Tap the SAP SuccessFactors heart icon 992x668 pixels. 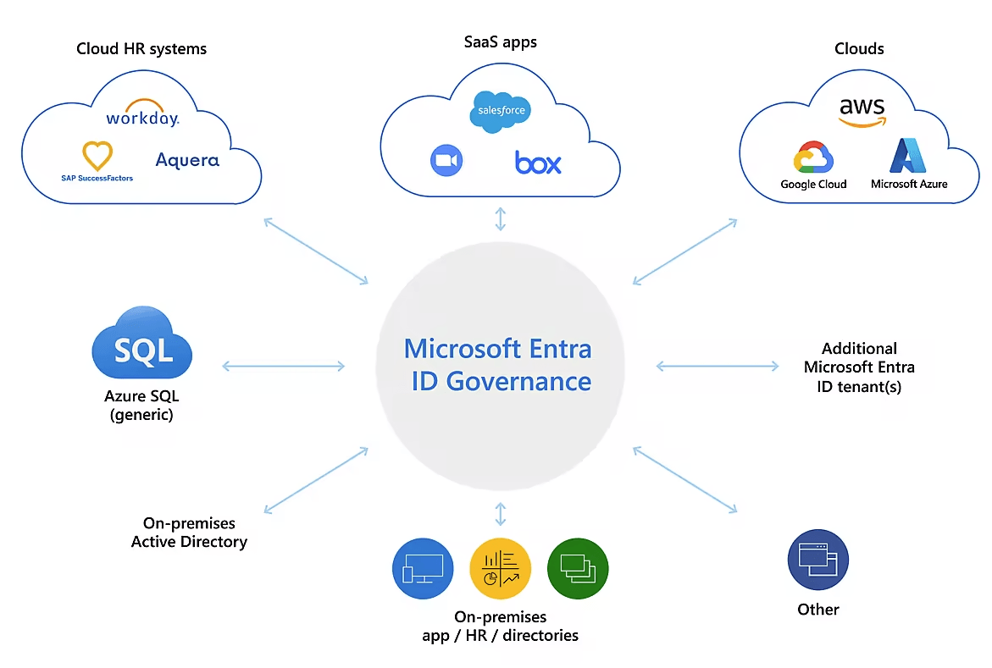97,156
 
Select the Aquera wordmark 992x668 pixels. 187,159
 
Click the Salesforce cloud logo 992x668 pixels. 501,111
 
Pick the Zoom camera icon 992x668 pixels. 446,161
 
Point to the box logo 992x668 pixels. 538,162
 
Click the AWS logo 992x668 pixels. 862,112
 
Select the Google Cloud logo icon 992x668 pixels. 813,157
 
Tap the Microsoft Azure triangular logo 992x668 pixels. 909,156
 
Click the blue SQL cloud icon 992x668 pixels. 142,345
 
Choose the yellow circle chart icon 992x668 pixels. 500,568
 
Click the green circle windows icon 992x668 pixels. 578,568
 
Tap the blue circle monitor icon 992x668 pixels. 423,568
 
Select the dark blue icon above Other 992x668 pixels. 817,560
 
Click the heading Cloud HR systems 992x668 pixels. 141,48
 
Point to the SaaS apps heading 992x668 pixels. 500,41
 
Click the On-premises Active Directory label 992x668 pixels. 189,533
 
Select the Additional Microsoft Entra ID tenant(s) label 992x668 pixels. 859,367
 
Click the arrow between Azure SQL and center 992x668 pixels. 283,366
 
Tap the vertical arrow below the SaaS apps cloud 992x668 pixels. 501,218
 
